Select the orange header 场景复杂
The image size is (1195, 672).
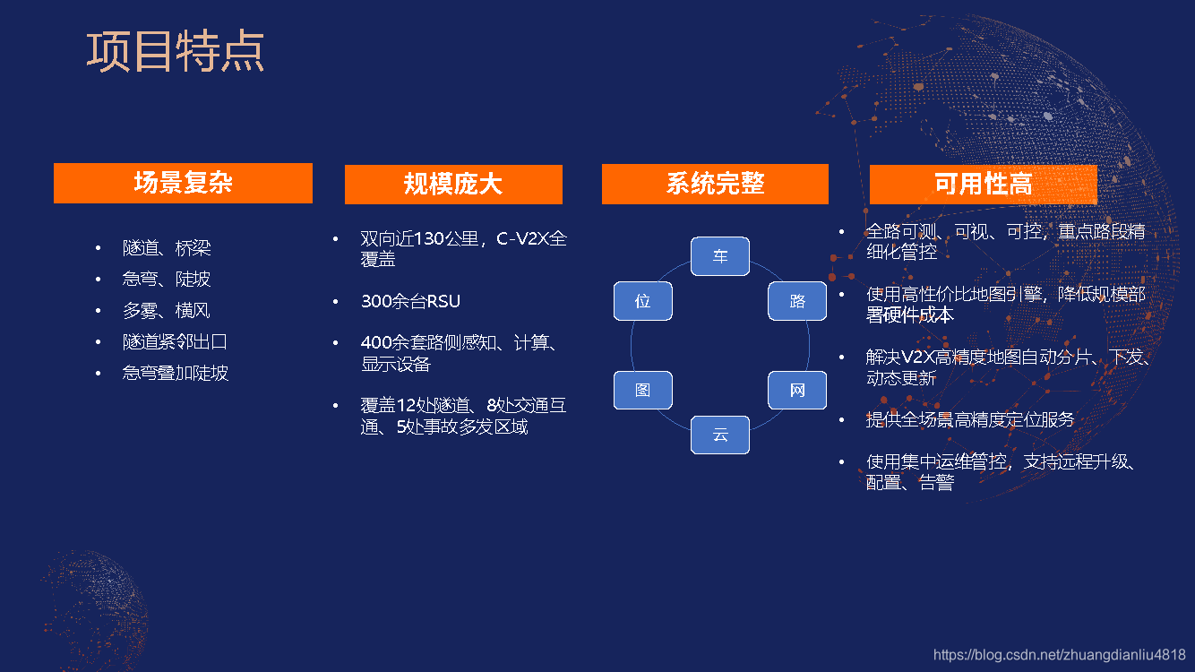click(x=183, y=183)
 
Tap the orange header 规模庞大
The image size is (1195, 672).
click(x=453, y=185)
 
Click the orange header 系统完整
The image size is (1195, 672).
click(x=715, y=184)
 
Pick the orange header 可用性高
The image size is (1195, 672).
click(x=983, y=184)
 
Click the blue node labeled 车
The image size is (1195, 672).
click(x=720, y=256)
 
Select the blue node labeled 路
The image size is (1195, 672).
click(x=797, y=302)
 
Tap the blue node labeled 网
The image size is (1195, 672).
click(x=797, y=391)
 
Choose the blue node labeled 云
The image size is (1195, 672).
click(x=720, y=435)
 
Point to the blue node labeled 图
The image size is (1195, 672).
click(x=642, y=391)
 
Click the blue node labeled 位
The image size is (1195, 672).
click(x=642, y=302)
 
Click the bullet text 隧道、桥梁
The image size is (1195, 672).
click(x=167, y=248)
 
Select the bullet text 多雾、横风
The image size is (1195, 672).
click(x=167, y=311)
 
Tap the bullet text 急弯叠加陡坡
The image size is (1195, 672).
click(x=176, y=373)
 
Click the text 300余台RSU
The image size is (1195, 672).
click(x=410, y=301)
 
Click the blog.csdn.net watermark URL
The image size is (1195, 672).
click(x=1059, y=655)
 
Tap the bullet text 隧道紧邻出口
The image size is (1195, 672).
click(x=175, y=341)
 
